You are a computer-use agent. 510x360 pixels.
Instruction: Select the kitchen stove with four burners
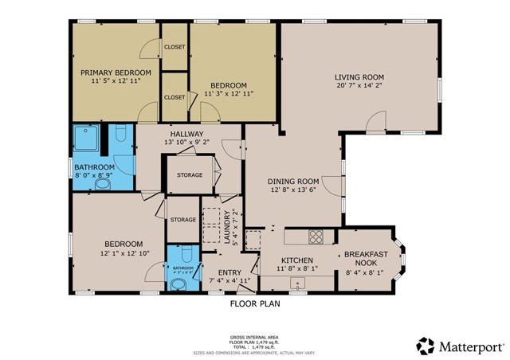tap(315, 237)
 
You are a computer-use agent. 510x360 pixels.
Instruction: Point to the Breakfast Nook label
tap(366, 255)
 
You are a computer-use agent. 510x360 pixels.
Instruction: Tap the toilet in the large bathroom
tap(121, 133)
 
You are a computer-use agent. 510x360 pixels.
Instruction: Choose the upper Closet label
tap(175, 47)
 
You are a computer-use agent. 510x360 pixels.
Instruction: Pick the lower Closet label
tap(175, 97)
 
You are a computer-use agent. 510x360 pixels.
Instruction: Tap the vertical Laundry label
tap(227, 226)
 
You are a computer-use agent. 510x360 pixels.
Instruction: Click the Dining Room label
tap(292, 181)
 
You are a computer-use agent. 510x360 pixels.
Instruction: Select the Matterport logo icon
tap(426, 346)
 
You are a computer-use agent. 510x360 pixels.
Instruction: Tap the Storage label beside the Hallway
tap(190, 174)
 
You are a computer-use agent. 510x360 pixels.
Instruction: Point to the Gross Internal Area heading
tap(254, 337)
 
